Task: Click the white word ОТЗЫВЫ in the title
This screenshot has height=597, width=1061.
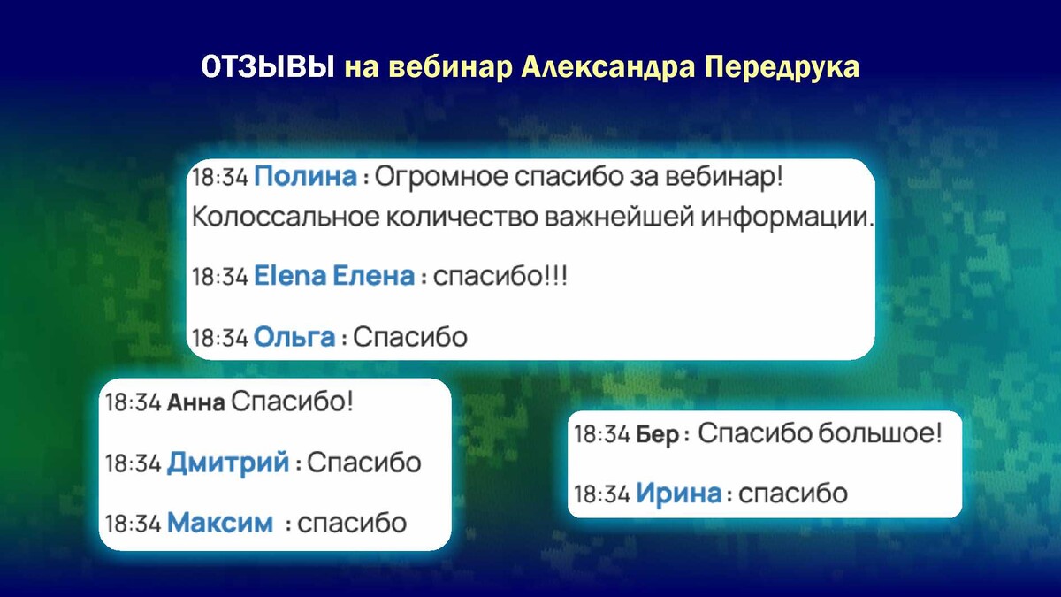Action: click(x=268, y=67)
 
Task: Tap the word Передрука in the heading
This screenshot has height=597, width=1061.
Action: click(x=782, y=68)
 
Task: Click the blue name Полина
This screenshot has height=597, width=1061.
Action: click(x=306, y=176)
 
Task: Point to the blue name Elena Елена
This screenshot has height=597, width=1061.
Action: click(x=334, y=276)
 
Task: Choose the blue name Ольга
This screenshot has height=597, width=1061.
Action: click(x=294, y=337)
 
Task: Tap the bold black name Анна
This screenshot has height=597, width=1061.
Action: click(x=196, y=403)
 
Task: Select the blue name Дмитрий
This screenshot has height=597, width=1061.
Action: click(x=228, y=463)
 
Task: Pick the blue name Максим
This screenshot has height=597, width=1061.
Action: click(x=220, y=523)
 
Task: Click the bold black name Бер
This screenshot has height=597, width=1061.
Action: click(x=658, y=434)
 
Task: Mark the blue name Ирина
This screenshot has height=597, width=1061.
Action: click(x=679, y=494)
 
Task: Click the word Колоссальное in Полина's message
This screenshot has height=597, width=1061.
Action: click(x=286, y=217)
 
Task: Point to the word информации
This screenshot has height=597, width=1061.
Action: click(x=785, y=218)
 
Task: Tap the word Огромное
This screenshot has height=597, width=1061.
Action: click(x=441, y=177)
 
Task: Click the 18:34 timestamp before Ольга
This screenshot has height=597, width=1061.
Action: click(x=220, y=338)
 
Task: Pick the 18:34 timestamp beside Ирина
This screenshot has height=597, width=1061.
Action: click(x=602, y=494)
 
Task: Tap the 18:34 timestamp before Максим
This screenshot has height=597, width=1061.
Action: click(x=134, y=524)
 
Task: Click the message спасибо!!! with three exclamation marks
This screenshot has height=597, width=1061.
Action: click(x=500, y=276)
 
